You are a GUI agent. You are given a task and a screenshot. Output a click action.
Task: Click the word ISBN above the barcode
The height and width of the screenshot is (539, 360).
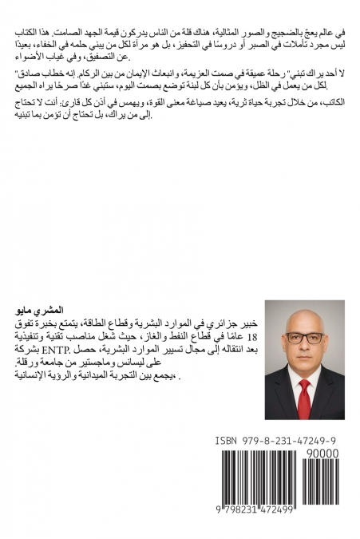click(x=229, y=441)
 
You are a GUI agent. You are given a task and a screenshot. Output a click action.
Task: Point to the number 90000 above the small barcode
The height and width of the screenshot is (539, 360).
click(x=322, y=454)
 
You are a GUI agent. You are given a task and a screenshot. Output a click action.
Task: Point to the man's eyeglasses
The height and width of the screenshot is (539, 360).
click(x=304, y=338)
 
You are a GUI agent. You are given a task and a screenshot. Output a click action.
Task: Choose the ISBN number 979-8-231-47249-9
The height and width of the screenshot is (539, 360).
click(x=290, y=441)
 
